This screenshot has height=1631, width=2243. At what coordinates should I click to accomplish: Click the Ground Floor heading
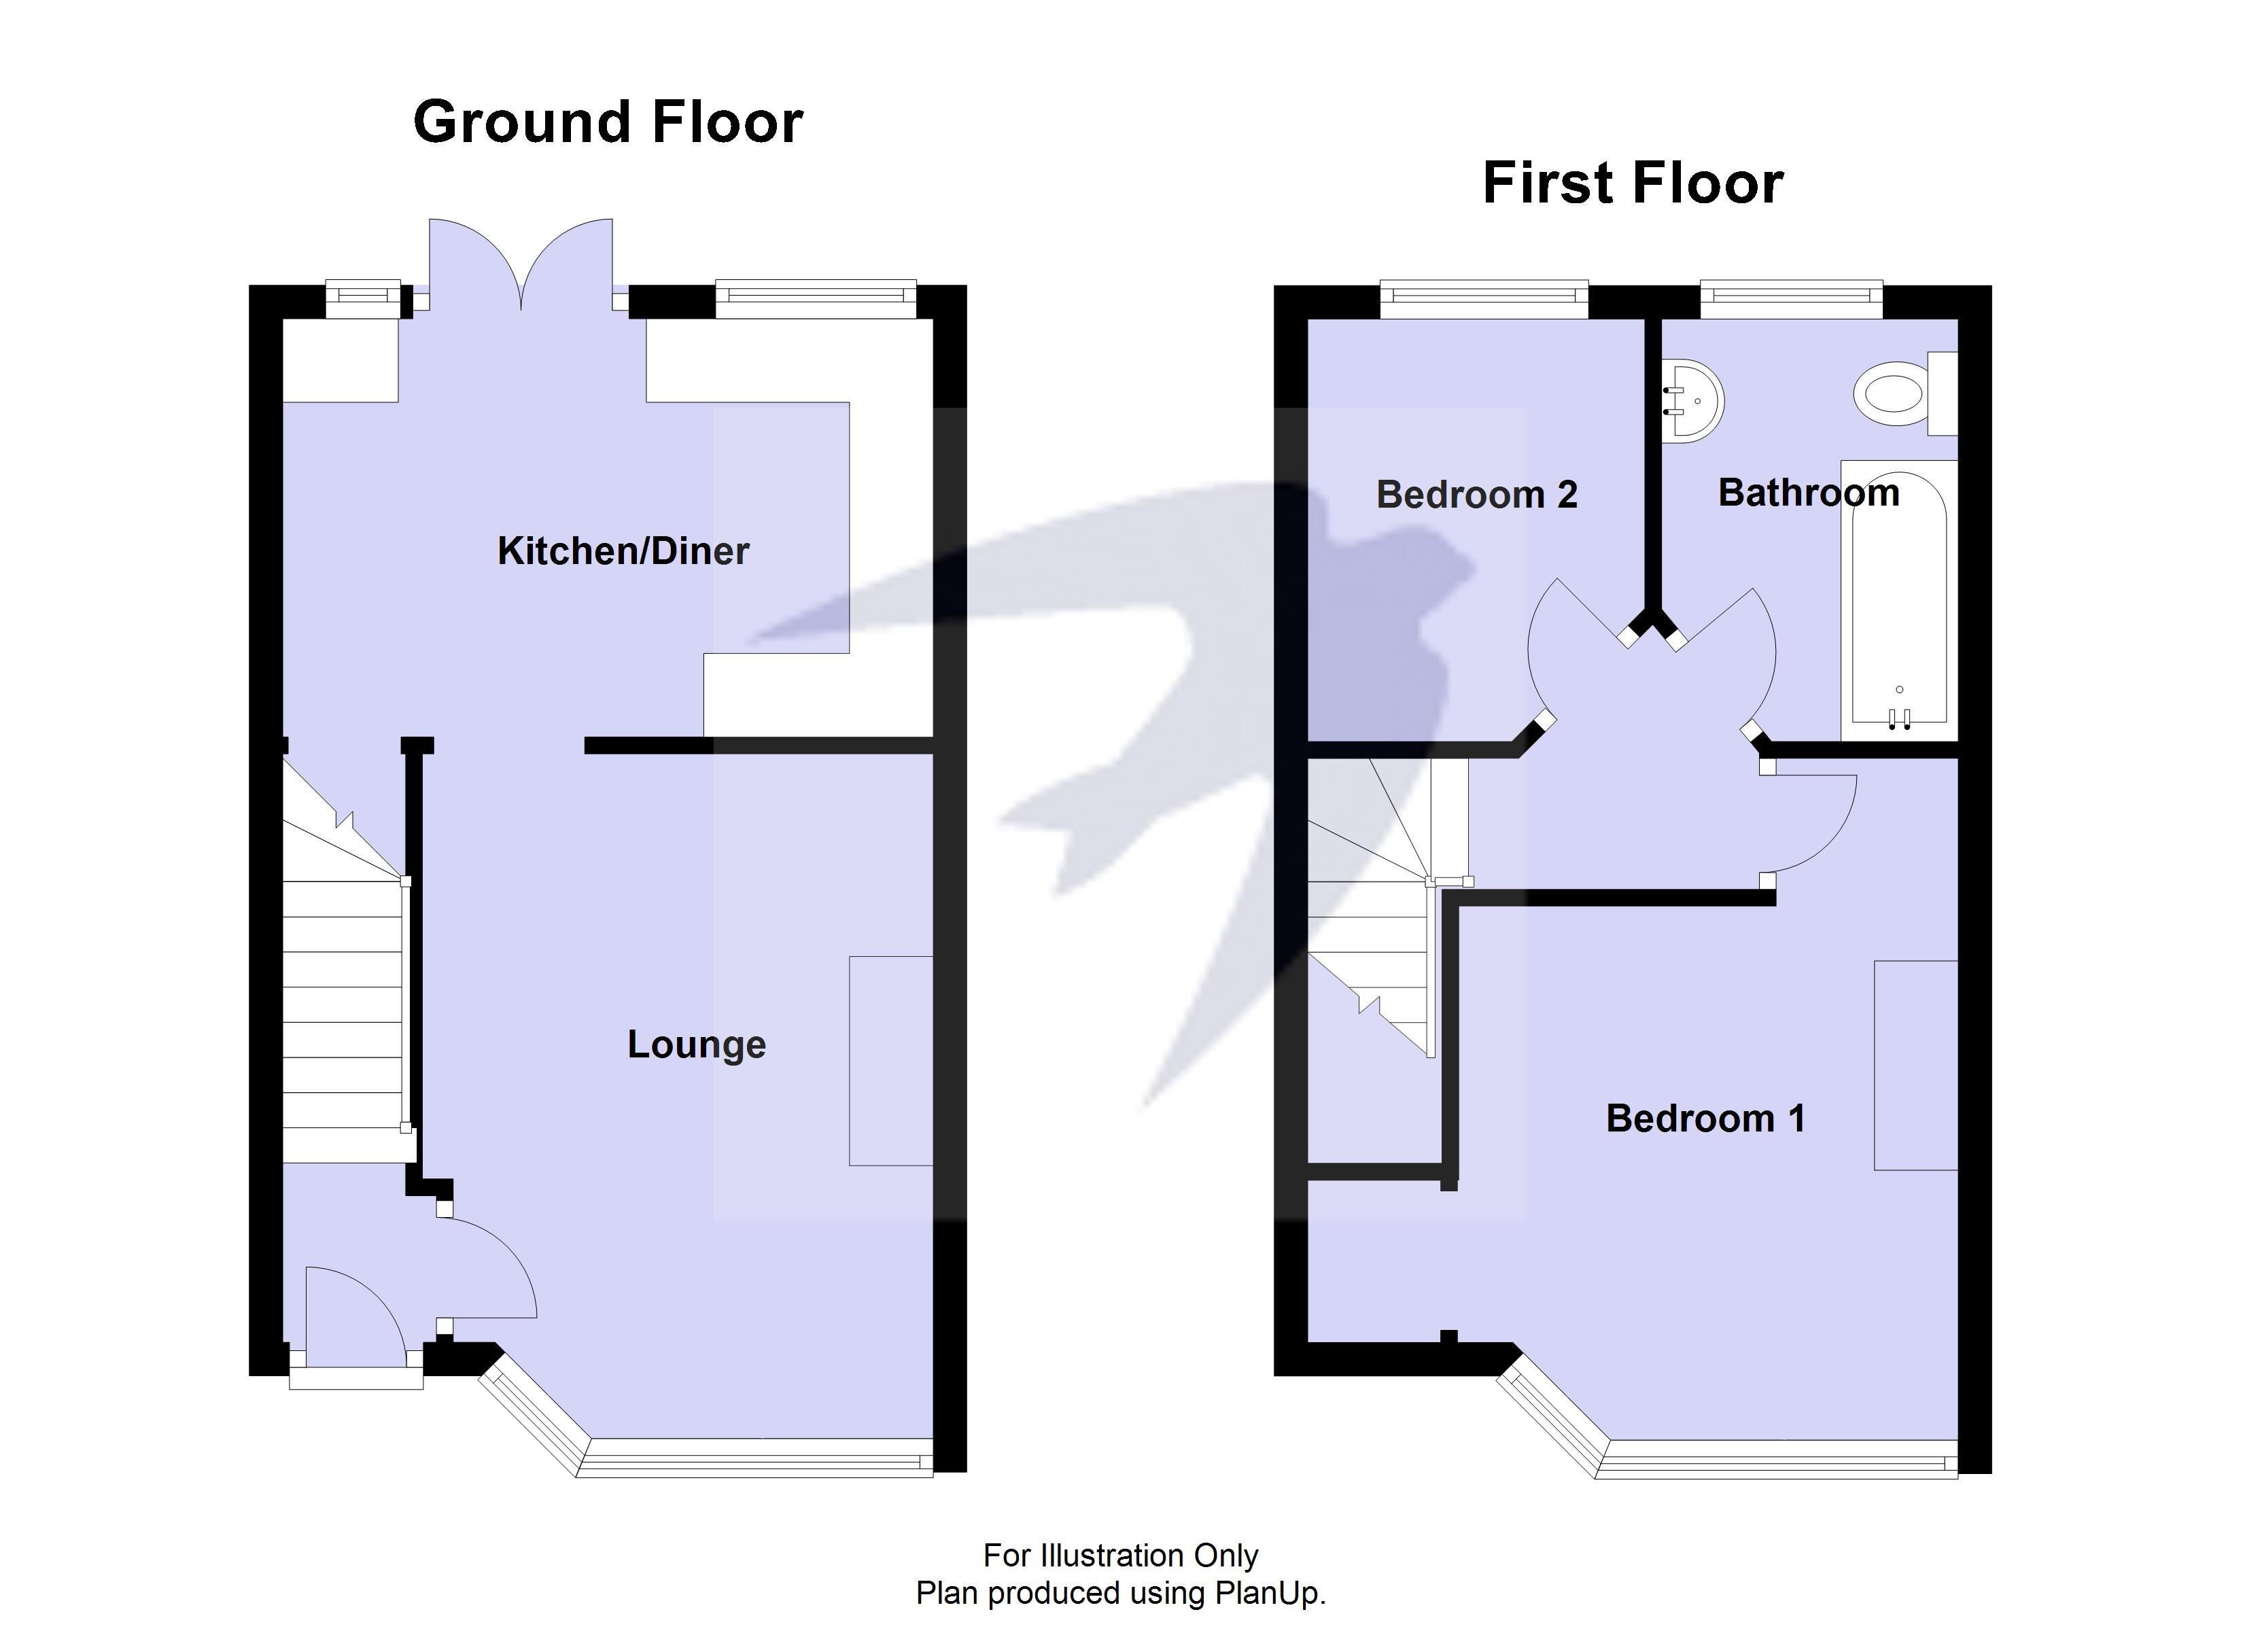pyautogui.click(x=607, y=122)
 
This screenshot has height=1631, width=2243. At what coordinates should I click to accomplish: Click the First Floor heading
pyautogui.click(x=1633, y=184)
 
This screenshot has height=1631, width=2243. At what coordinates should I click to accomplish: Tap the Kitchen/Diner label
pyautogui.click(x=623, y=551)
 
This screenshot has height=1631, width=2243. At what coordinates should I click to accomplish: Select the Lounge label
pyautogui.click(x=696, y=1045)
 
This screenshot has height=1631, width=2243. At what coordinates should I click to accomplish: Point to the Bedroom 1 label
pyautogui.click(x=1705, y=1119)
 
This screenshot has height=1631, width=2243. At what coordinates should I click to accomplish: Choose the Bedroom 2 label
pyautogui.click(x=1476, y=495)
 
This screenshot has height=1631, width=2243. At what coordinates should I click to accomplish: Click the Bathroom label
pyautogui.click(x=1809, y=493)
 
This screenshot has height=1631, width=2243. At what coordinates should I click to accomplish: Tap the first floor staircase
pyautogui.click(x=1370, y=910)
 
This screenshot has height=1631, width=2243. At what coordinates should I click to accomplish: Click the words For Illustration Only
pyautogui.click(x=1121, y=1556)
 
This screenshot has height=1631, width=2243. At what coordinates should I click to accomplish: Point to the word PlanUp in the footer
pyautogui.click(x=1269, y=1594)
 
